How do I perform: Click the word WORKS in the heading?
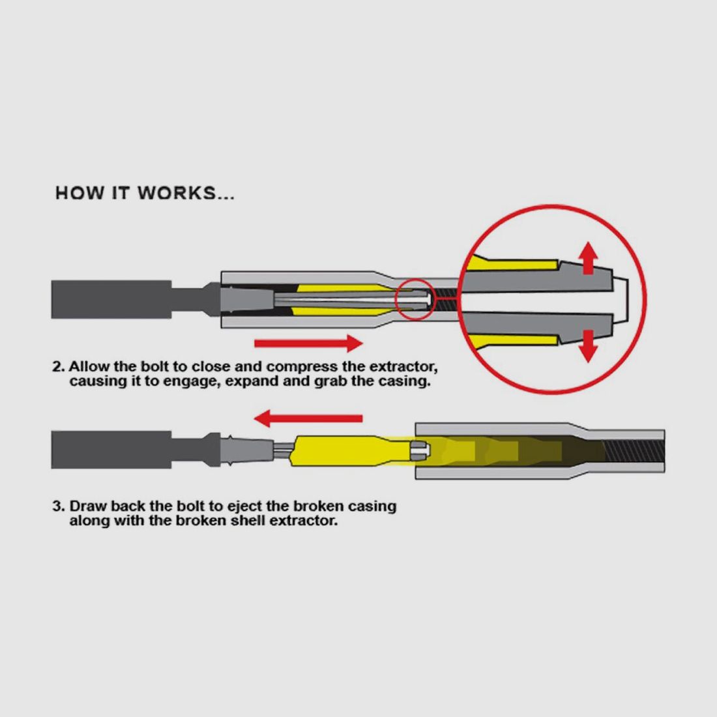[x=177, y=193]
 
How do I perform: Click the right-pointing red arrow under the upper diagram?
[x=309, y=343]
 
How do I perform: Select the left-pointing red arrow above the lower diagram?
[x=308, y=418]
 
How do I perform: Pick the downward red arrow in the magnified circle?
[x=588, y=346]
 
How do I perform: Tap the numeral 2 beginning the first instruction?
[x=57, y=367]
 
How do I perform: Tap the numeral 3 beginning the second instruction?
[x=57, y=506]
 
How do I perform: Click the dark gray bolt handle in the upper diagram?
[x=111, y=299]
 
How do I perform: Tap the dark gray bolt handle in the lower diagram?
[x=111, y=450]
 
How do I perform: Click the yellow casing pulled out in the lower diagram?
[x=352, y=450]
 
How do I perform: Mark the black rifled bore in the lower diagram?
[x=634, y=451]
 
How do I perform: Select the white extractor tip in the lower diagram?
[x=420, y=450]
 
